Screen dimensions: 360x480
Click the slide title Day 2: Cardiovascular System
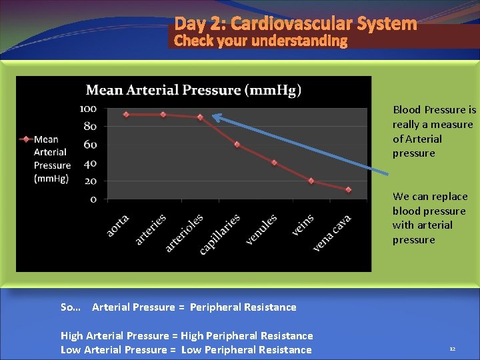pos(295,24)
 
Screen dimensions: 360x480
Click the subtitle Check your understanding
pos(261,41)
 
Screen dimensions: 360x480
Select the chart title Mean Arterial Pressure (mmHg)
pos(193,90)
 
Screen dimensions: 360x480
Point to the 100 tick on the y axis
pos(89,109)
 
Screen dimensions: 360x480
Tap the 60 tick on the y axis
pos(90,145)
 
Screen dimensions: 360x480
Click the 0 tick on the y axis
pos(93,199)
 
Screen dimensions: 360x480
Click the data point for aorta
pos(126,114)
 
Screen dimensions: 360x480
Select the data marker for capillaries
pos(237,145)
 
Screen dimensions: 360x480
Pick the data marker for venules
pos(274,163)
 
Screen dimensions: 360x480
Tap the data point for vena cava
pos(348,190)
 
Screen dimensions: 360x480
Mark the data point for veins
pos(311,181)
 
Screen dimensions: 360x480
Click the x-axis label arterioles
pos(185,233)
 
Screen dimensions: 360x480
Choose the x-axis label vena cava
pos(332,233)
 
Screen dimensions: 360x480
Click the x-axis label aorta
pos(118,225)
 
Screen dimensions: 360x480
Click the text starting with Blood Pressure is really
pos(434,131)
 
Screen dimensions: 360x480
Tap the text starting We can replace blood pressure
pos(430,218)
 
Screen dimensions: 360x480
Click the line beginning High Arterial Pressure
pos(187,335)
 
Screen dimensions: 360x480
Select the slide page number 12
pos(452,349)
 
